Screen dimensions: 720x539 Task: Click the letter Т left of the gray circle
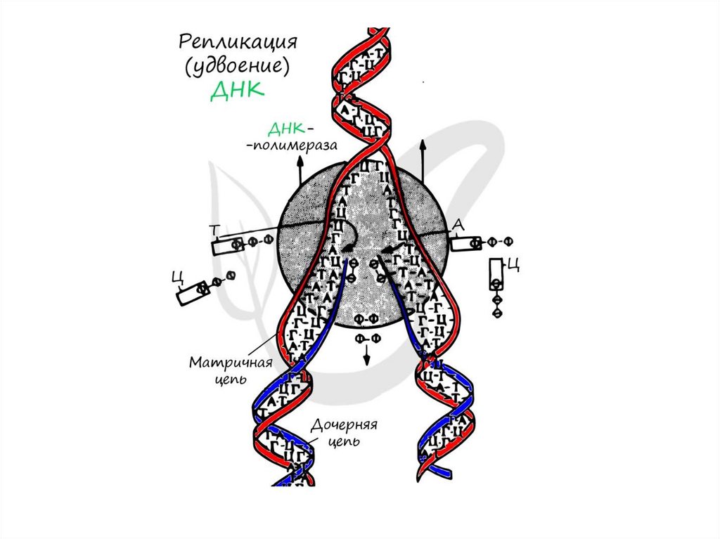[x=214, y=229]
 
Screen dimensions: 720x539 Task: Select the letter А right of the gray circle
[x=458, y=224]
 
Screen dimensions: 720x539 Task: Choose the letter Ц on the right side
[x=513, y=264]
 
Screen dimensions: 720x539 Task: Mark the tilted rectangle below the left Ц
[x=189, y=293]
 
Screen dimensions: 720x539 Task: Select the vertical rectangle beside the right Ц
[x=496, y=274]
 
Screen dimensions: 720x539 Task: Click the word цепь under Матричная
[x=229, y=379]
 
